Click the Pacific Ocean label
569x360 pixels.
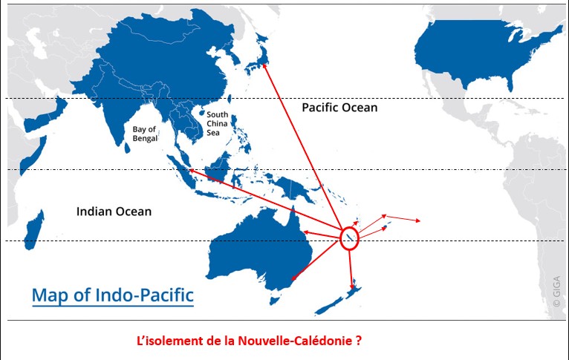coord(339,108)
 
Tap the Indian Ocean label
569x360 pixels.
coord(114,212)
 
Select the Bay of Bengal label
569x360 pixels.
coord(145,134)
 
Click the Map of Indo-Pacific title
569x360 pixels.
coord(112,295)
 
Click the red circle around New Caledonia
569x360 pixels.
coord(350,238)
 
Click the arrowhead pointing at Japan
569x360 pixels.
coord(264,66)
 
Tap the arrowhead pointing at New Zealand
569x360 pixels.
coord(352,287)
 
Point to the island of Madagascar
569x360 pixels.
coord(32,228)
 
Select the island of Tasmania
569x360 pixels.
coord(277,298)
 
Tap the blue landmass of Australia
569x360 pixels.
coord(253,249)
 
